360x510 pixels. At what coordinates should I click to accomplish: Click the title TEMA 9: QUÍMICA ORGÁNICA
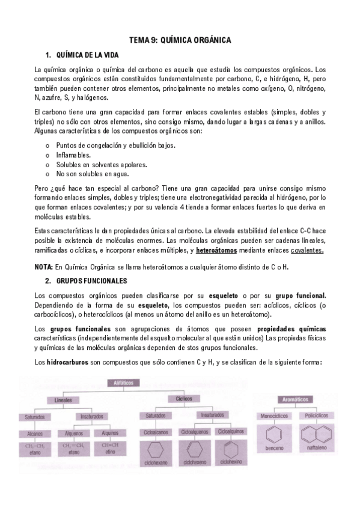[180, 40]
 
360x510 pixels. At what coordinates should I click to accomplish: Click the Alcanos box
[35, 432]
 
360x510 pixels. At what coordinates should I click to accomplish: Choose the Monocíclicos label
[273, 416]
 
